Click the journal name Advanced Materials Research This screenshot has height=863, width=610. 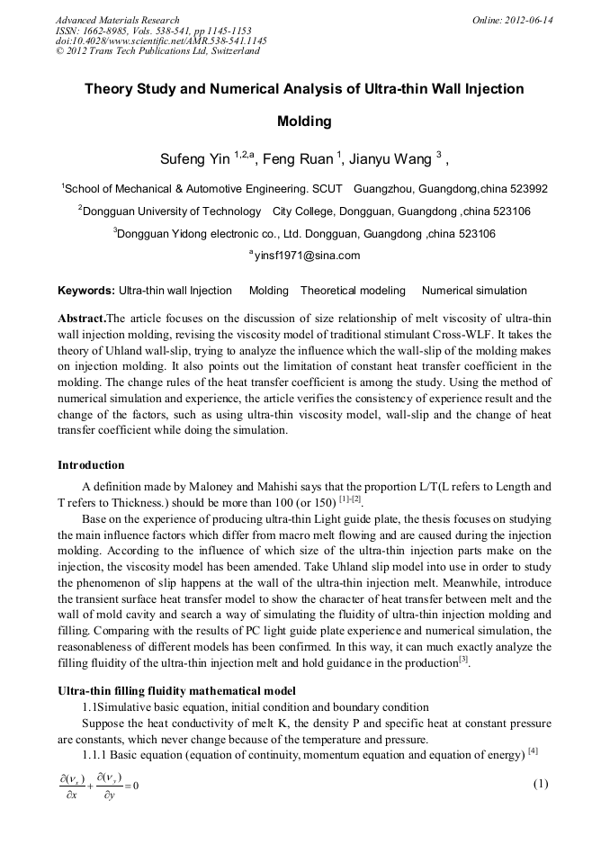point(117,20)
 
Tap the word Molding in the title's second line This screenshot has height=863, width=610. point(304,121)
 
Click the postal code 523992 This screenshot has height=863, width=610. point(528,189)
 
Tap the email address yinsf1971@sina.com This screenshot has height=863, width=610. point(306,255)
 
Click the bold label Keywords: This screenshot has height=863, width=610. point(85,291)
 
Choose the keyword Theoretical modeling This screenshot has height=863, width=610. point(354,291)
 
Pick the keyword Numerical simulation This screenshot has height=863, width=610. point(474,291)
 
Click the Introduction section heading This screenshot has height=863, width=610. point(91,465)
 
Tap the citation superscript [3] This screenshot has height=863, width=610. point(464,661)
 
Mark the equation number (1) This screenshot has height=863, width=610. point(540,784)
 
